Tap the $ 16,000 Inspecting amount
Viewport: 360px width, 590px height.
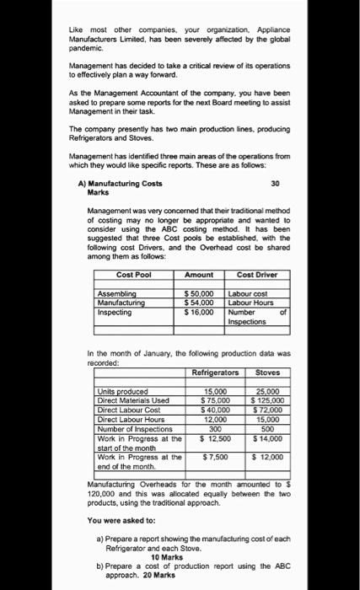(x=200, y=312)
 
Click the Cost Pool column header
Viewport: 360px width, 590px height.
(x=135, y=275)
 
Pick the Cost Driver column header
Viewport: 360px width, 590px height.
(x=258, y=275)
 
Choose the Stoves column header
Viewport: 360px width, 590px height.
(x=267, y=372)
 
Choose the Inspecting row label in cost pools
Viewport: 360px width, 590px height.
(x=116, y=312)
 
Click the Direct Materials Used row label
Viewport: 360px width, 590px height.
(x=133, y=400)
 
